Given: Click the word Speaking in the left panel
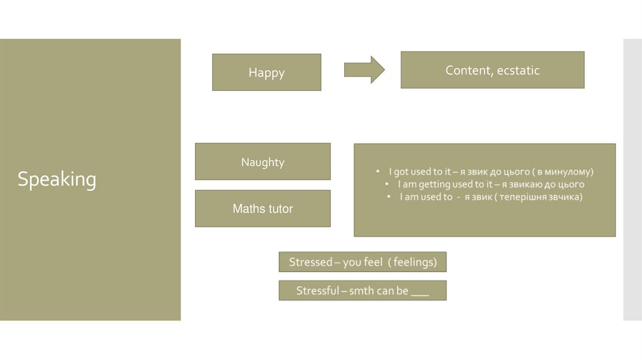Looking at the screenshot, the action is (x=56, y=180).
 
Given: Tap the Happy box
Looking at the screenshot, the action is (x=266, y=73).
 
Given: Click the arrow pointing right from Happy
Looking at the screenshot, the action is (x=364, y=70).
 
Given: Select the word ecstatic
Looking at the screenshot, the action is (x=518, y=70).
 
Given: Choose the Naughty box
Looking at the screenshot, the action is (x=263, y=162).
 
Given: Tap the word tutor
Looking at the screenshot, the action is (x=280, y=209).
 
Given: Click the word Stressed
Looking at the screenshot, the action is (x=310, y=262).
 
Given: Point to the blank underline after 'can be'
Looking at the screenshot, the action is (x=420, y=292).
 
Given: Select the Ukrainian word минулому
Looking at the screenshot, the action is (x=568, y=171).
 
